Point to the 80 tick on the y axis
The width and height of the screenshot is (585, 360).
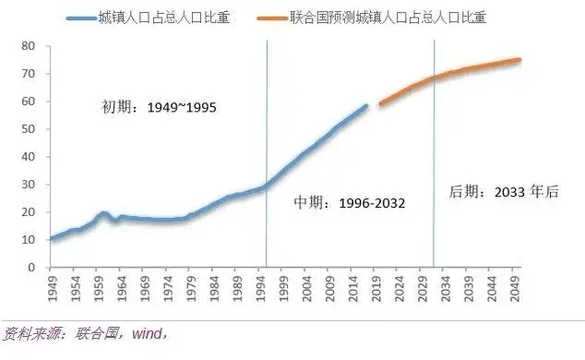[x=28, y=46]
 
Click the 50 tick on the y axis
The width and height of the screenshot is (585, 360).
[x=28, y=129]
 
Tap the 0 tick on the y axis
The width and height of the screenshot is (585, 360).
[x=31, y=268]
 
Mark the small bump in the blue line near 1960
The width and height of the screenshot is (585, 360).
[x=103, y=213]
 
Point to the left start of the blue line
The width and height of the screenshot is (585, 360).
[x=50, y=239]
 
